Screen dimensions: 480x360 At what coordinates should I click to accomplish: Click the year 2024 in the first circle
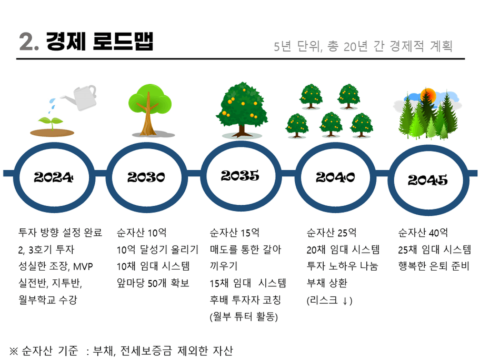click(x=54, y=177)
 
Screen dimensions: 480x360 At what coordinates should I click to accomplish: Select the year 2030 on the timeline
click(x=146, y=177)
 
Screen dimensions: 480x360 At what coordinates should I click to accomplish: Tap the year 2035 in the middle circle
click(x=240, y=176)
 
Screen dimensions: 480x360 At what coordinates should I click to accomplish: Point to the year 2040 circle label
click(x=335, y=177)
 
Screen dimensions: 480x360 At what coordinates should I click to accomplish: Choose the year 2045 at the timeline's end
click(x=427, y=180)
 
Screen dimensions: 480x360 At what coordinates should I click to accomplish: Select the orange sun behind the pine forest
click(x=428, y=95)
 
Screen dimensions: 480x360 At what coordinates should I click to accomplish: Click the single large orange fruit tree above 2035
click(x=242, y=109)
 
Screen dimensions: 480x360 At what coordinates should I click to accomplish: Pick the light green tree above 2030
click(x=149, y=109)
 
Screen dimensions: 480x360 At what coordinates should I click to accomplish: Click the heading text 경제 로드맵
click(x=99, y=42)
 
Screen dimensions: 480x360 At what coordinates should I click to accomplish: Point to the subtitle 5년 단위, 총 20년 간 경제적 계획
click(x=363, y=46)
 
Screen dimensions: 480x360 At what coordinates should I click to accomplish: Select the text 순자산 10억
click(x=142, y=233)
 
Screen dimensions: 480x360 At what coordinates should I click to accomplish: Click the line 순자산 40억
click(x=423, y=233)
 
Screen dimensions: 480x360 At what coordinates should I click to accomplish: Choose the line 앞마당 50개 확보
click(x=153, y=283)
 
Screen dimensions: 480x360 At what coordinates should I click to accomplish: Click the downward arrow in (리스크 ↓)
click(x=345, y=301)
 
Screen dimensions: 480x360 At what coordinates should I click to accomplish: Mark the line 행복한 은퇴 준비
click(x=434, y=266)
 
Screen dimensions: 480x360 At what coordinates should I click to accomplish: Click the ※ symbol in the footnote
click(x=14, y=351)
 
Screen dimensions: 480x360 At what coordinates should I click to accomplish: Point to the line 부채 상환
click(x=327, y=283)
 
